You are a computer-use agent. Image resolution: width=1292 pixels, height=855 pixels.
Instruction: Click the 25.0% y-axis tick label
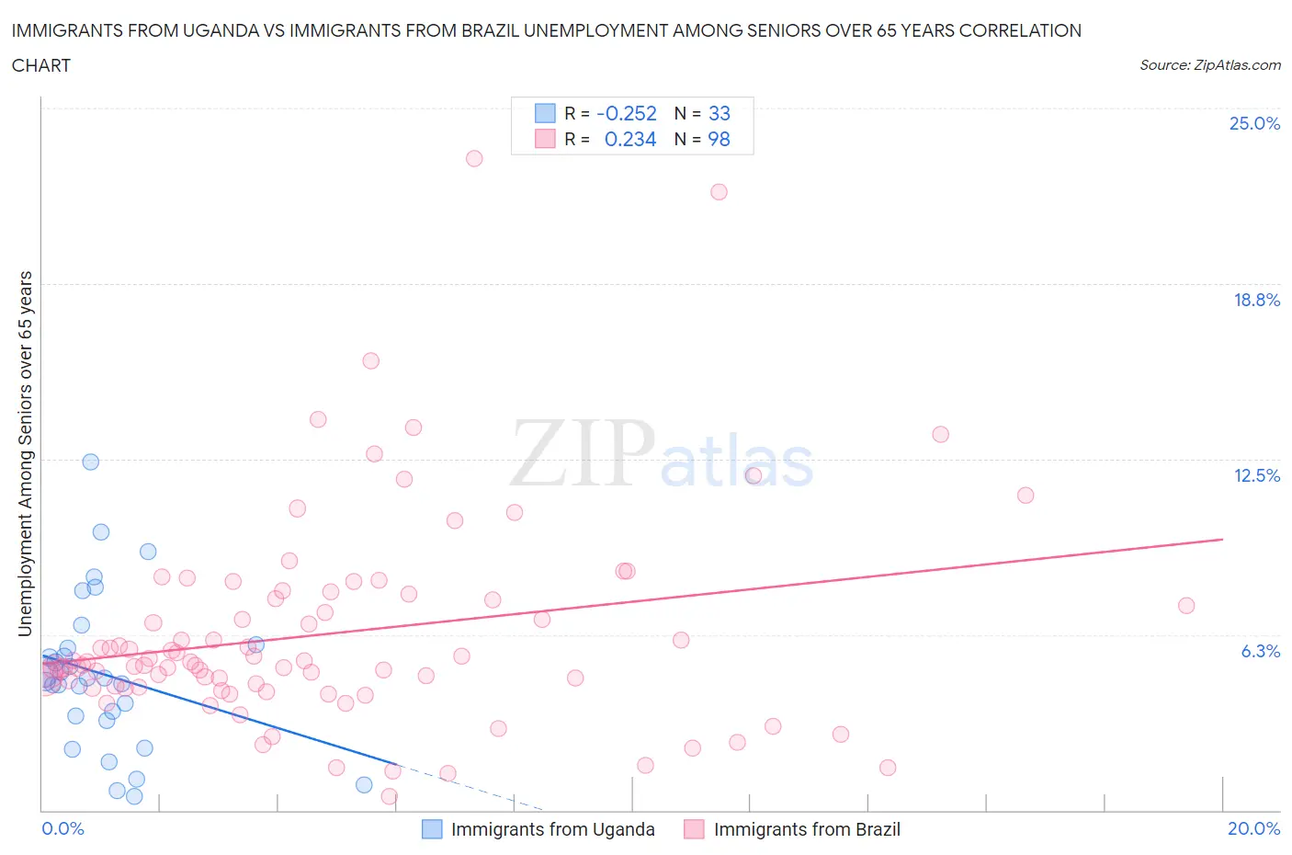1254,123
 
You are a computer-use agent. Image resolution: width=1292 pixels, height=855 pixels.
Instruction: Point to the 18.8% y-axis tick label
1256,300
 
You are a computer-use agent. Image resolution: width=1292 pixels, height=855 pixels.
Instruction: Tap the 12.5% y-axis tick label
1256,475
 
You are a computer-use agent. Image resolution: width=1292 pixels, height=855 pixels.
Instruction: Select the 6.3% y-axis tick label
1260,651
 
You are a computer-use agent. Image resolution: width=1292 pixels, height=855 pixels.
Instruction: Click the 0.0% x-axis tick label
62,828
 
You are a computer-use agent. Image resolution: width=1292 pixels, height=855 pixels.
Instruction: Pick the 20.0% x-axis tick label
1253,828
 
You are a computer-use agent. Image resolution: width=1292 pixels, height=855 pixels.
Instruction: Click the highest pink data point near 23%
474,158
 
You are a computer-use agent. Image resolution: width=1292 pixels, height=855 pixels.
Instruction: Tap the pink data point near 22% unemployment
719,192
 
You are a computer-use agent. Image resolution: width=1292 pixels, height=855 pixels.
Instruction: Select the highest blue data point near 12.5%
91,462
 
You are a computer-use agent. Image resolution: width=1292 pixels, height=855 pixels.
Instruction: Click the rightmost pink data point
1186,606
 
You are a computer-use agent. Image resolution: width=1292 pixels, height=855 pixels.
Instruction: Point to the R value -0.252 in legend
626,113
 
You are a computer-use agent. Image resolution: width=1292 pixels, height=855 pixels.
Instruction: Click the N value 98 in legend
719,139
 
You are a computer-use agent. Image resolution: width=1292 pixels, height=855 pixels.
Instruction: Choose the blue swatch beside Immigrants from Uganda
432,829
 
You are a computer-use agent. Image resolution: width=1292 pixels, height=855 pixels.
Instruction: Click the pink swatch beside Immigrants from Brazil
694,829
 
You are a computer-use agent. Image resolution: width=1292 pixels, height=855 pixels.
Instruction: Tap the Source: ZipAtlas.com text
1209,64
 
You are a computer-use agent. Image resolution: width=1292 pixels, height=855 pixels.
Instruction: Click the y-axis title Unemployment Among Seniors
26,453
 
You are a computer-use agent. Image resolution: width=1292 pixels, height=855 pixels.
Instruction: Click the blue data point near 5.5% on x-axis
364,784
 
